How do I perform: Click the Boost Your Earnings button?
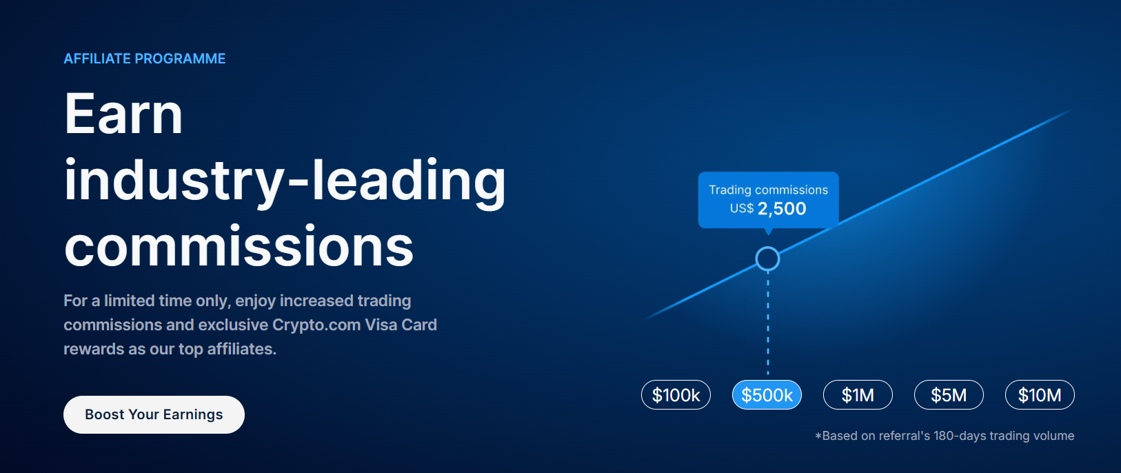tap(154, 414)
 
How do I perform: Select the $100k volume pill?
tap(676, 395)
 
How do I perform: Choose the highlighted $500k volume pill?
tap(767, 395)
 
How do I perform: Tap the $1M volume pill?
tap(858, 395)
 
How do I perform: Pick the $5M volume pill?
tap(949, 395)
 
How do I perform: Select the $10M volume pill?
tap(1040, 395)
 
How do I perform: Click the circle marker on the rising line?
tap(767, 259)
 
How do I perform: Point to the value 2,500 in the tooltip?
tap(782, 209)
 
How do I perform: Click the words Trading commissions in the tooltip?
tap(768, 190)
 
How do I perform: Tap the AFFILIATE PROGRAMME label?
tap(145, 59)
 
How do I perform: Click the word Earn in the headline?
tap(123, 114)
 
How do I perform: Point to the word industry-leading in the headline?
tap(285, 181)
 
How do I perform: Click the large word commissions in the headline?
tap(239, 246)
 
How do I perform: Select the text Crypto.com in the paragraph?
tap(316, 325)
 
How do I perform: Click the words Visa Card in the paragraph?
tap(401, 325)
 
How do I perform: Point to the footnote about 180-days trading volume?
tap(945, 436)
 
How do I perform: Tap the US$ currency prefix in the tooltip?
tap(742, 209)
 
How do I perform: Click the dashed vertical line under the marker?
tap(768, 324)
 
